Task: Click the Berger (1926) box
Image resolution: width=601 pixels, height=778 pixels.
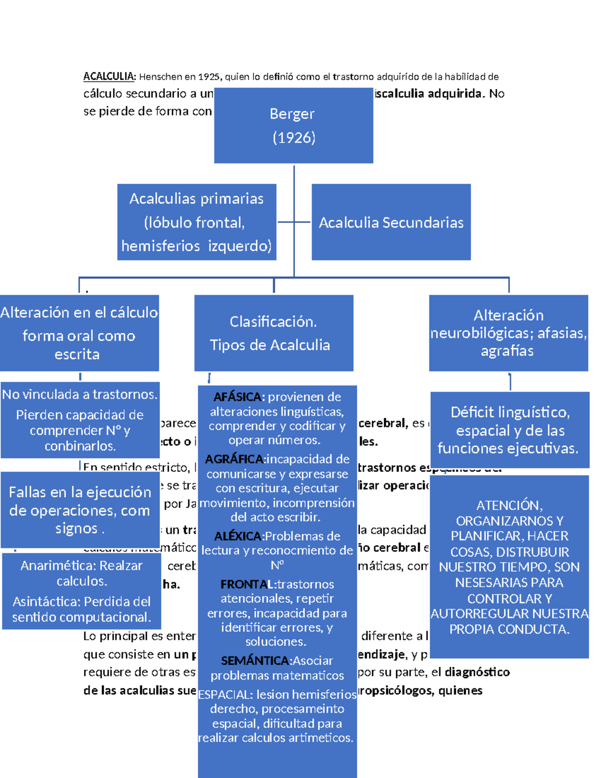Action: pyautogui.click(x=293, y=125)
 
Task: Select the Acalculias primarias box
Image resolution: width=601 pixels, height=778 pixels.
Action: pyautogui.click(x=196, y=222)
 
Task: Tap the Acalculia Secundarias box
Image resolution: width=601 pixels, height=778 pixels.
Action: pyautogui.click(x=391, y=222)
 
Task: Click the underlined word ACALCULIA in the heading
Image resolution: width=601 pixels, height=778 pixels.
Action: pyautogui.click(x=109, y=77)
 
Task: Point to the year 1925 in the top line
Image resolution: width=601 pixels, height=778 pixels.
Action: pyautogui.click(x=208, y=77)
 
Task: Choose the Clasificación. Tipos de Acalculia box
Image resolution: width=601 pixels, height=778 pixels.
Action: pyautogui.click(x=273, y=333)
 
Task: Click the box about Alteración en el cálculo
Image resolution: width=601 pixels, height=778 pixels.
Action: pyautogui.click(x=79, y=333)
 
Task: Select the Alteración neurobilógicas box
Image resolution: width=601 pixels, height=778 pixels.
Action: pyautogui.click(x=508, y=333)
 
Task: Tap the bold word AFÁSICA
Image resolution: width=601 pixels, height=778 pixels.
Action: pyautogui.click(x=237, y=397)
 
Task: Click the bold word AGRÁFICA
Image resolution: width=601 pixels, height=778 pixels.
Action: pyautogui.click(x=234, y=459)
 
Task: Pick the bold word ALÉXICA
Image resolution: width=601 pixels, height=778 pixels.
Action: pyautogui.click(x=238, y=537)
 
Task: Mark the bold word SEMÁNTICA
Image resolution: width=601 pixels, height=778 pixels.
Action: pyautogui.click(x=255, y=661)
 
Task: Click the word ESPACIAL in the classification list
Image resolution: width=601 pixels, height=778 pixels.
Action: pyautogui.click(x=225, y=695)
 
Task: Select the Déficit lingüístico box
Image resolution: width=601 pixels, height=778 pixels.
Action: pyautogui.click(x=509, y=430)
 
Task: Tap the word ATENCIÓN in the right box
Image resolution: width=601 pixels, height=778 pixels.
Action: pyautogui.click(x=508, y=505)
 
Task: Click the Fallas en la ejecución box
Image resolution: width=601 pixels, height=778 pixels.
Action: pyautogui.click(x=80, y=510)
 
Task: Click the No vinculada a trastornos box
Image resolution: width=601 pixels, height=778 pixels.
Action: pyautogui.click(x=80, y=420)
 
